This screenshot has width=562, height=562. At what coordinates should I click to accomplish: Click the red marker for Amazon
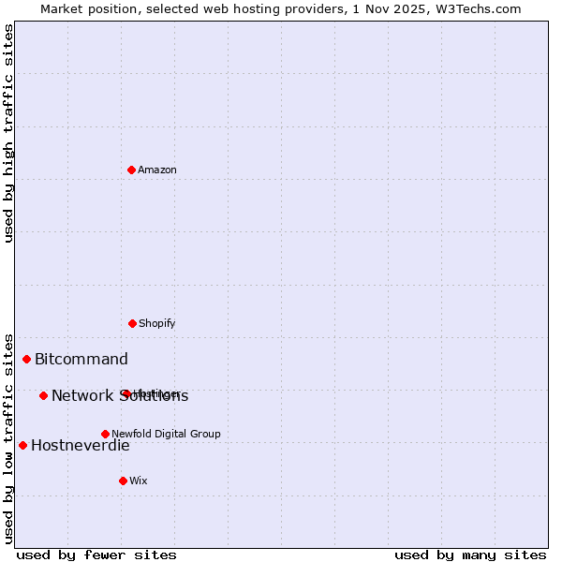point(131,170)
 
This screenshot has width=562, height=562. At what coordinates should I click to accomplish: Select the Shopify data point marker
point(132,323)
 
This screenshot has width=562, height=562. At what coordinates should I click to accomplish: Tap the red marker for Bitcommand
point(27,359)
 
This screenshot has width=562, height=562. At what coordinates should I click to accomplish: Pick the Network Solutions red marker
point(43,395)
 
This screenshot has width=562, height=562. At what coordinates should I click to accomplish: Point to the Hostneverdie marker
point(22,445)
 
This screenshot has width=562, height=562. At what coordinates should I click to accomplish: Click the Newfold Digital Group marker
point(105,434)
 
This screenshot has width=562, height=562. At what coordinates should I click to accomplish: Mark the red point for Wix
point(123,481)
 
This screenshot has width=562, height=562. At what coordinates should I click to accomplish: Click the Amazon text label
point(157,170)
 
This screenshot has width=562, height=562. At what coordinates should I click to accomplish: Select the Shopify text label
point(157,323)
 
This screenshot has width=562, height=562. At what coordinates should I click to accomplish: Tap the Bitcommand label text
point(81,359)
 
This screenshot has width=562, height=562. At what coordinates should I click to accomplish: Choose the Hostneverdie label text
point(81,445)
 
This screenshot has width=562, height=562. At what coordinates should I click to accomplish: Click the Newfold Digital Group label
point(166,434)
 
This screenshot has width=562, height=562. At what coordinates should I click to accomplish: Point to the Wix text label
point(139,481)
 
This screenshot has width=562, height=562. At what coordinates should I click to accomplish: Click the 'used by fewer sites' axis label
point(96,555)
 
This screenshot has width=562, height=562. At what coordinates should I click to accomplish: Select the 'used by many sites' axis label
point(470,555)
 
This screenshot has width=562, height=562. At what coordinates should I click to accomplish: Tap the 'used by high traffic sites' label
point(8,133)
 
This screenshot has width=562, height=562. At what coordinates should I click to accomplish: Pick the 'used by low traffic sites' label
point(8,437)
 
